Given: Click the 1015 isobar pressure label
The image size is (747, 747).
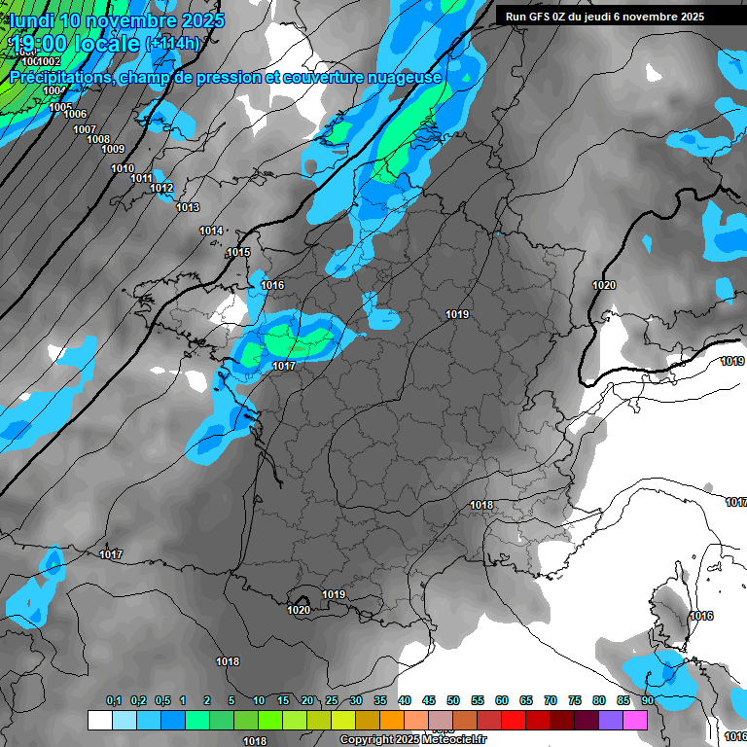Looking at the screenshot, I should click(x=238, y=253).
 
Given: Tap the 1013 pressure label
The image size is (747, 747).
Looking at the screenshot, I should click(x=188, y=208).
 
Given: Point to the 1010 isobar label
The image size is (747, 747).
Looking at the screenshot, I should click(x=123, y=169).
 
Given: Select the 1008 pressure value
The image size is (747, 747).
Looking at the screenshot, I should click(x=98, y=140).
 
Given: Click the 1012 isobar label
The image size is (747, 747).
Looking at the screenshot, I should click(x=161, y=189).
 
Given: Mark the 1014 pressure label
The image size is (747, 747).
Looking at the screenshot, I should click(x=211, y=231).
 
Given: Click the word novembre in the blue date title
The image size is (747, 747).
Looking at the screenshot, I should click(x=123, y=20).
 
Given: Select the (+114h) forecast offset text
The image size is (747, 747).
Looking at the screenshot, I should click(x=173, y=44).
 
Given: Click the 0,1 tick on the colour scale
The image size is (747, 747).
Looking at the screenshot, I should click(x=114, y=700).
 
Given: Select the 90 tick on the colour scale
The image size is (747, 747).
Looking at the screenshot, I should click(x=648, y=700).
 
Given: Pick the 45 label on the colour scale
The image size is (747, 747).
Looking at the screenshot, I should click(x=429, y=700).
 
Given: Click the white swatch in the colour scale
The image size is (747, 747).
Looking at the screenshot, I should click(x=99, y=720).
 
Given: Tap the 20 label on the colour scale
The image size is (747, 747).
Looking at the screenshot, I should click(x=307, y=700).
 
